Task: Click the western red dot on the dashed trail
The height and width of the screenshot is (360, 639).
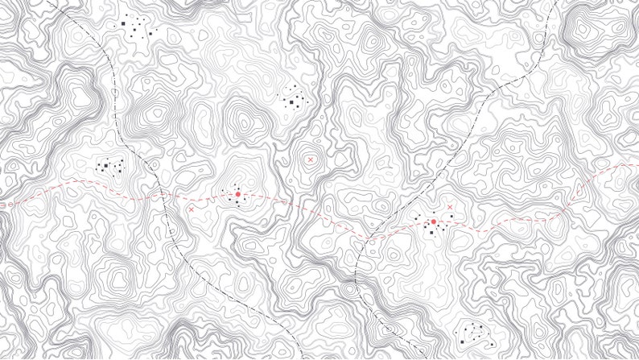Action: (238, 195)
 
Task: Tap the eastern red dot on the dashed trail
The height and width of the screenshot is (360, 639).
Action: (434, 221)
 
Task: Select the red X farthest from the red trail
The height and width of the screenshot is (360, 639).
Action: (311, 160)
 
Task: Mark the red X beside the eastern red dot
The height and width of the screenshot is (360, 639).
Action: (450, 208)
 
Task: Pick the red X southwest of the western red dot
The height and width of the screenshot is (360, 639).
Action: (191, 209)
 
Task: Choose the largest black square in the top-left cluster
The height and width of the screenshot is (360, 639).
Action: (125, 24)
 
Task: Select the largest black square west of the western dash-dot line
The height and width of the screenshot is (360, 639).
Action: (105, 166)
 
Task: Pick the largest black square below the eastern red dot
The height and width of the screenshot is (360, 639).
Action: (431, 232)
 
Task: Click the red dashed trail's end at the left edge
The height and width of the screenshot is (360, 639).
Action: (1, 205)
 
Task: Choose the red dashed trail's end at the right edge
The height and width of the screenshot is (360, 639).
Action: (638, 163)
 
